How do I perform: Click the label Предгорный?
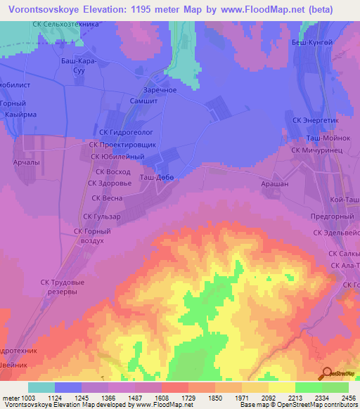[330, 217]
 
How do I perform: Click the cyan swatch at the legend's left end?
[41, 387]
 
